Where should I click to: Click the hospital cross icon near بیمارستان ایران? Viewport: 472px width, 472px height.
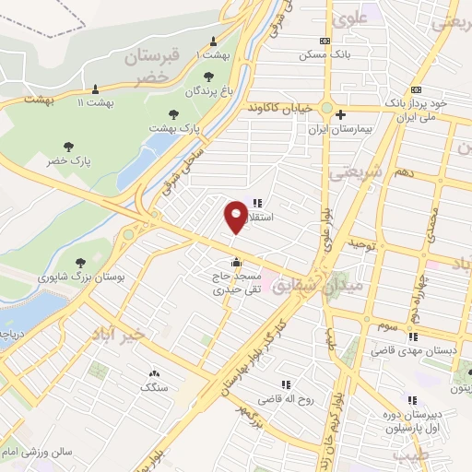[341, 115]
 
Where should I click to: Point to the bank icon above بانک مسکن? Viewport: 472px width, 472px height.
[324, 41]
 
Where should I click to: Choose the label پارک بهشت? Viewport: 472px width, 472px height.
[178, 125]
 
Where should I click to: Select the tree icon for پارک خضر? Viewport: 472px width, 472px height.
[68, 146]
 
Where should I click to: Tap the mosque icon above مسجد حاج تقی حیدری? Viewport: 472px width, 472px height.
[238, 260]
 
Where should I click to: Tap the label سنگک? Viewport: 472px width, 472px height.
[154, 388]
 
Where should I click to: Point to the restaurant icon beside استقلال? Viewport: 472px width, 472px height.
[257, 203]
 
